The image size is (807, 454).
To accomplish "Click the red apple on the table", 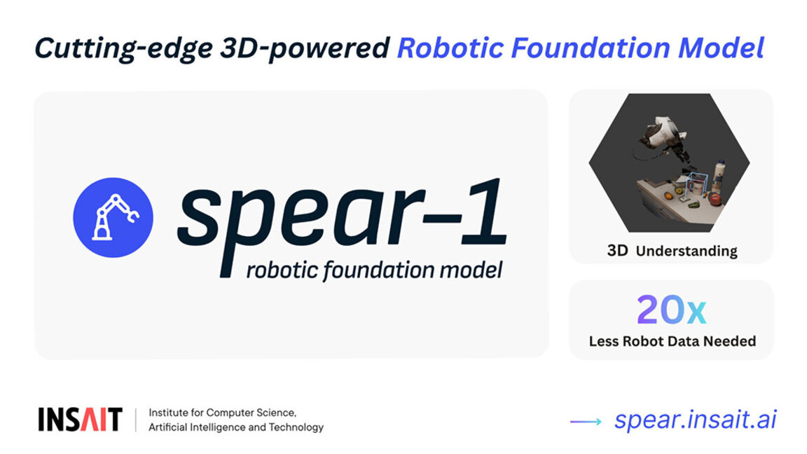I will click(x=715, y=198).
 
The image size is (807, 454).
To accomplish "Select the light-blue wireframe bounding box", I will click(x=696, y=185).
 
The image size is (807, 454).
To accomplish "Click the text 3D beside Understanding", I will click(x=617, y=250).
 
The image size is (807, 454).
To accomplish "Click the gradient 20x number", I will click(x=671, y=310).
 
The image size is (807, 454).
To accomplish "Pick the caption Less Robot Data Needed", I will click(x=672, y=341).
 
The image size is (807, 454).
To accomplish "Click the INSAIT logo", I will click(x=80, y=419).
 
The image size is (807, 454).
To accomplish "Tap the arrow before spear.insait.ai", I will click(x=586, y=421).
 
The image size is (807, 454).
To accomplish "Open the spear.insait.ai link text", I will click(x=695, y=419).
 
